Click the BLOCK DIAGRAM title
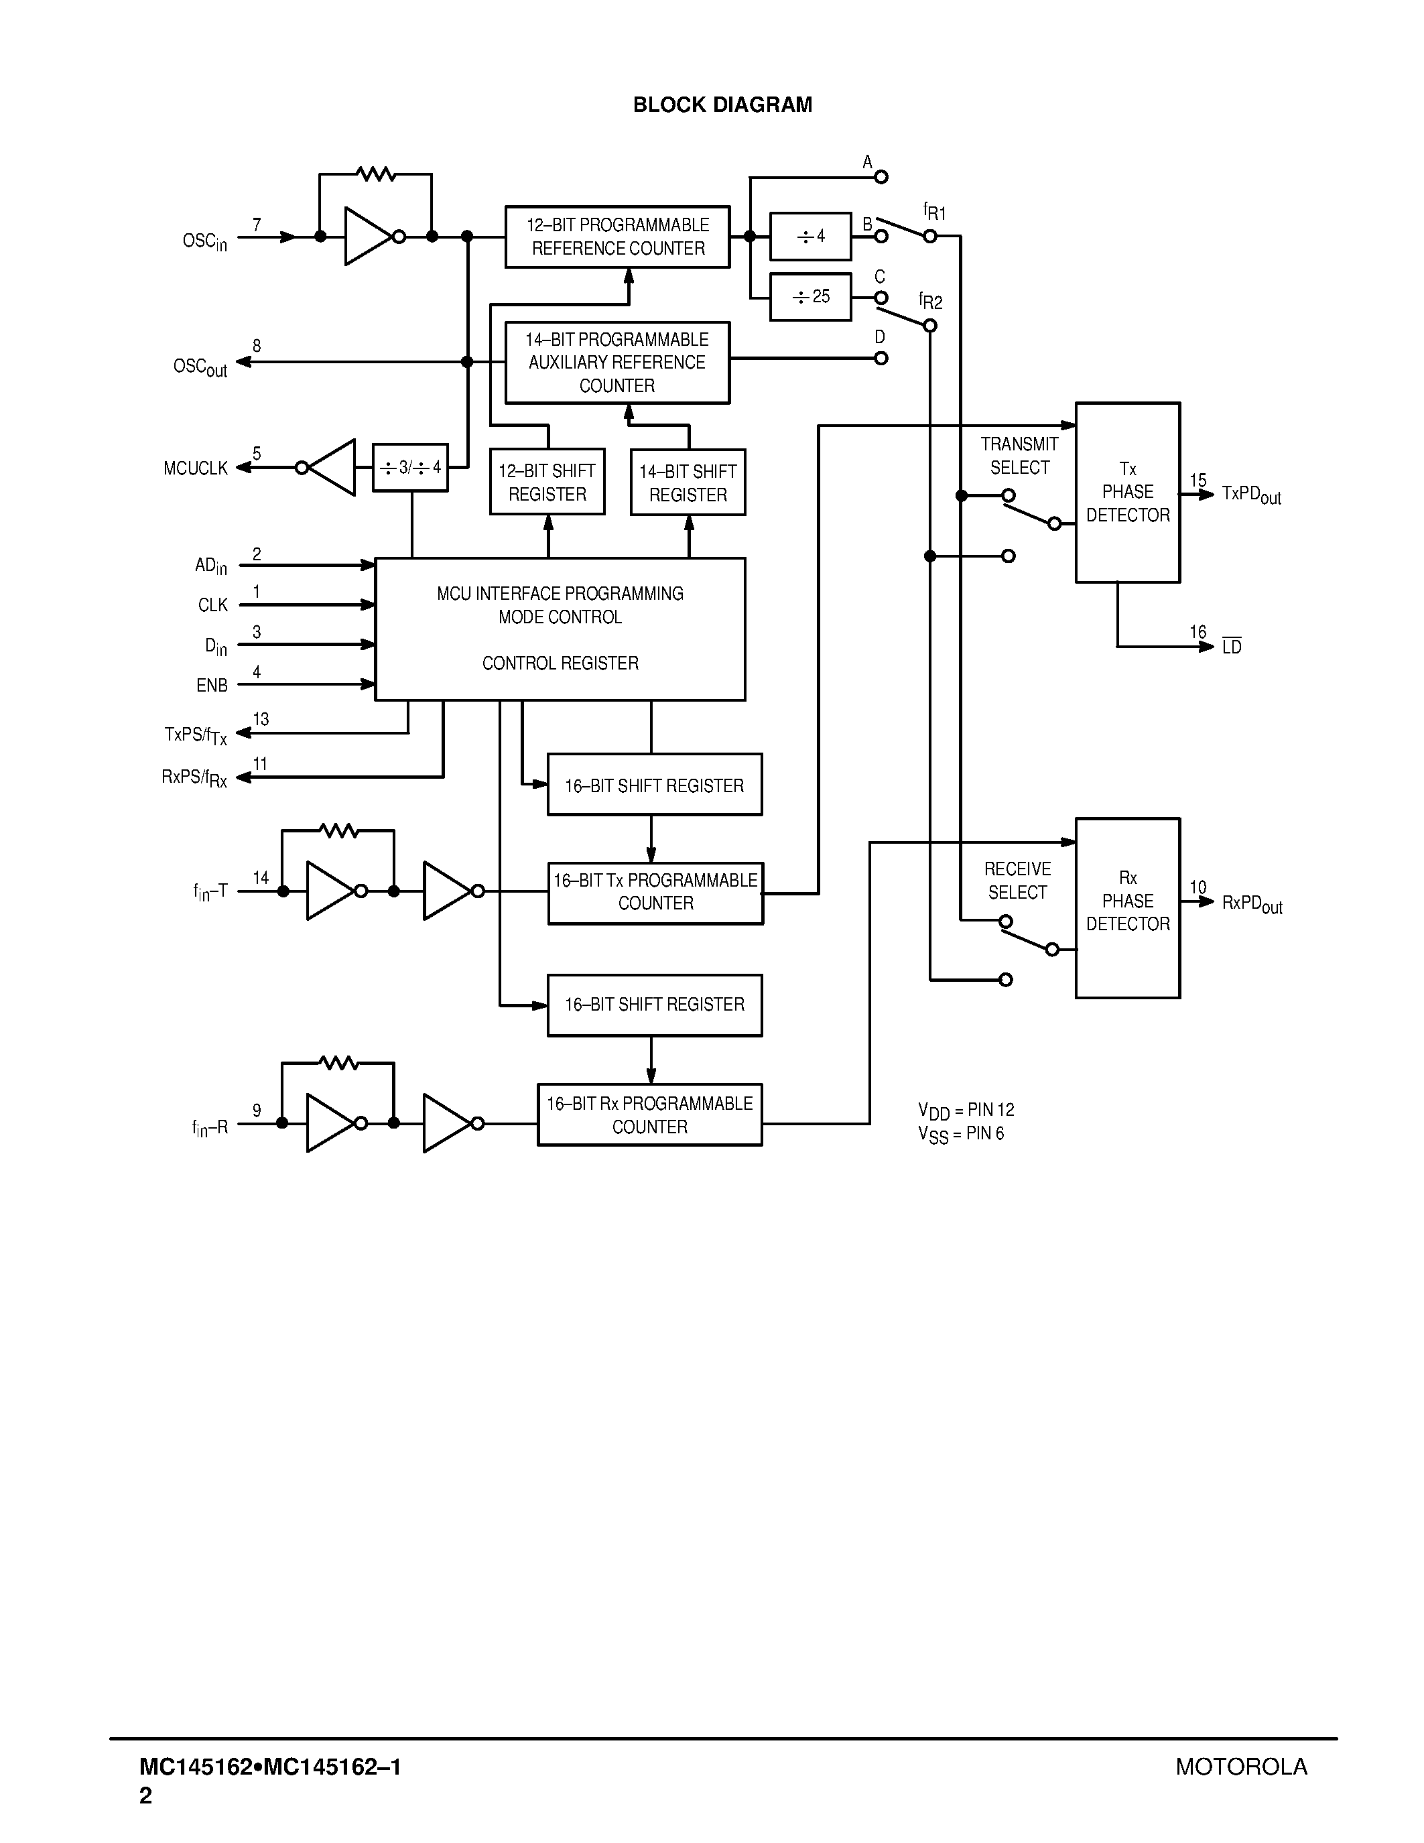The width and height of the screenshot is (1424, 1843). [722, 105]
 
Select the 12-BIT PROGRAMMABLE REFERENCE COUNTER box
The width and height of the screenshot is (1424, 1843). [618, 237]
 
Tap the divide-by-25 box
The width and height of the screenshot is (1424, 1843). [810, 297]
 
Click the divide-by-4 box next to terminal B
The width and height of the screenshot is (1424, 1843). [810, 237]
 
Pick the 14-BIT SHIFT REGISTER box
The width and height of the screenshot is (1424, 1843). [688, 483]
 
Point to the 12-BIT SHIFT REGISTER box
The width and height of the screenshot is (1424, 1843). [547, 482]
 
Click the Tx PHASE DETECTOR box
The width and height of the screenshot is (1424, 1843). [1127, 492]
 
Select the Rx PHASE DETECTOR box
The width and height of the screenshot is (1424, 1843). [1127, 908]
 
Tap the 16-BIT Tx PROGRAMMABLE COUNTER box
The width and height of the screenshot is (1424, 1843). [655, 893]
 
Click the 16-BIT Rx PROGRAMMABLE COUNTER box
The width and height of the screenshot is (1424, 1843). [649, 1115]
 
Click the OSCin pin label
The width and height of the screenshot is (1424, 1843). [204, 241]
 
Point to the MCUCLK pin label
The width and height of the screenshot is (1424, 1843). [196, 468]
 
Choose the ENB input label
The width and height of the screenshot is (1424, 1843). [212, 685]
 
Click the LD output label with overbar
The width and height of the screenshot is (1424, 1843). [1232, 647]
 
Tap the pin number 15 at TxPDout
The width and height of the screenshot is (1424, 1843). [1198, 480]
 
